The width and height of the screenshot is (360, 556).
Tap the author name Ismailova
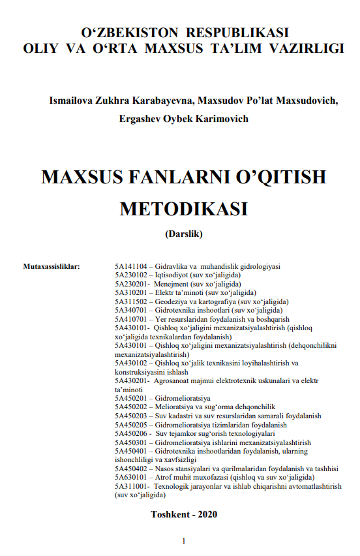(x=69, y=101)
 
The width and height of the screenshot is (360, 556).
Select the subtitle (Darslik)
(x=185, y=234)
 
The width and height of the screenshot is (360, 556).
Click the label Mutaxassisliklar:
(x=52, y=267)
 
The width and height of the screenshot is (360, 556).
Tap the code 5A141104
(x=130, y=267)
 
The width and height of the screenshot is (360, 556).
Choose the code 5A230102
(x=130, y=275)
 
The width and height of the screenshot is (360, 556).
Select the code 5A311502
(x=130, y=302)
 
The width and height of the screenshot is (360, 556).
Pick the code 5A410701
(x=130, y=320)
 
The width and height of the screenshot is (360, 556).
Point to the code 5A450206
(x=130, y=434)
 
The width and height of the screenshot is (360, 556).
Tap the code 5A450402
(x=130, y=469)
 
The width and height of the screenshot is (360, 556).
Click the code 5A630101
(x=130, y=478)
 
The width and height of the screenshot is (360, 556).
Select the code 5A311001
(x=130, y=487)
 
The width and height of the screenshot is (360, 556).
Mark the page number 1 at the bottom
(x=184, y=541)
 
